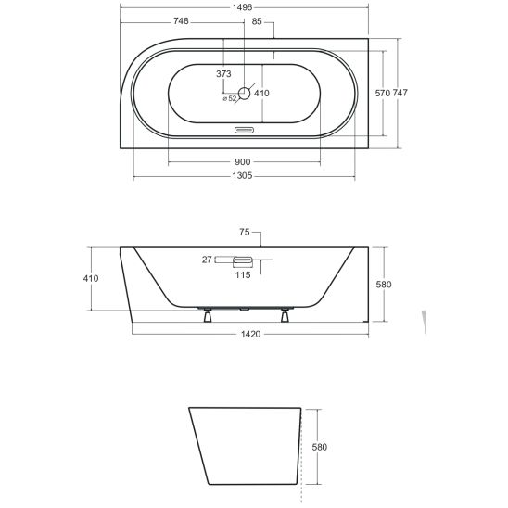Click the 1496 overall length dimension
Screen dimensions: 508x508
242,7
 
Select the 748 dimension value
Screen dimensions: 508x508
181,21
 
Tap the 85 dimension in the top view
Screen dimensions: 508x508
257,21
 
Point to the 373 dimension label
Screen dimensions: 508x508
223,74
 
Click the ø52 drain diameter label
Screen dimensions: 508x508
230,99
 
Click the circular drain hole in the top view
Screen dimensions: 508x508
245,94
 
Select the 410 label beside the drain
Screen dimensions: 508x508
261,94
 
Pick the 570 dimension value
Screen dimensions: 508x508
382,94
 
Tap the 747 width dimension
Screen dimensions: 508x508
400,93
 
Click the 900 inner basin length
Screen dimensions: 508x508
242,161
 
